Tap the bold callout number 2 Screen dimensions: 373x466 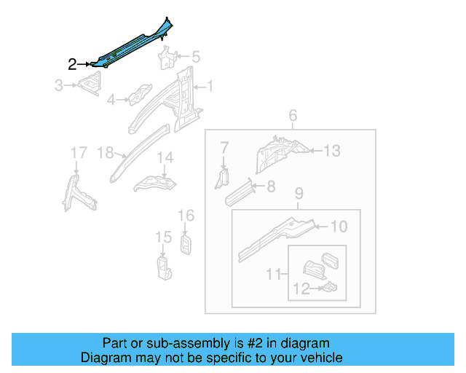72,64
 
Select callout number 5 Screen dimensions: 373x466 195,57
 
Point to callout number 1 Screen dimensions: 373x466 210,87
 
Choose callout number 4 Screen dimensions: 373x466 111,100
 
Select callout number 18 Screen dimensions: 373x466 106,152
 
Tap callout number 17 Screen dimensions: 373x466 78,152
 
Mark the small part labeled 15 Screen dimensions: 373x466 163,266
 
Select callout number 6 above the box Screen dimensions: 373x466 293,116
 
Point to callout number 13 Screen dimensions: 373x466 332,151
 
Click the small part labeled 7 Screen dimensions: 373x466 223,177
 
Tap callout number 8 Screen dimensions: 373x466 271,186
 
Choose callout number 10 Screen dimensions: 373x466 339,227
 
